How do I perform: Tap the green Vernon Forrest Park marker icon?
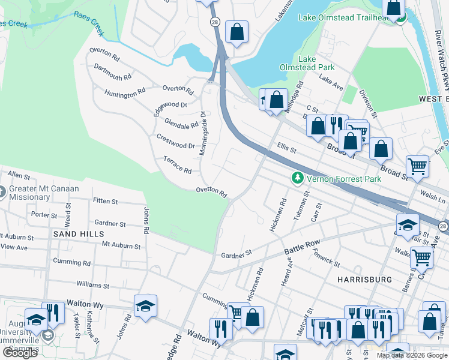[x=297, y=178]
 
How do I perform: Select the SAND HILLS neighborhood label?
[x=78, y=233]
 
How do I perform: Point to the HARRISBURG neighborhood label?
[x=364, y=280]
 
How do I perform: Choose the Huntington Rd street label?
[x=125, y=93]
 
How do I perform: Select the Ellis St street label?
[x=286, y=148]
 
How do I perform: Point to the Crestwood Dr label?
[x=175, y=142]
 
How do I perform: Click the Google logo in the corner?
[x=20, y=353]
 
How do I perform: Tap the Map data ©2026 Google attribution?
[x=412, y=355]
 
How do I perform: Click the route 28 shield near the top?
[x=214, y=21]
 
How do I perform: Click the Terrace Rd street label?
[x=177, y=166]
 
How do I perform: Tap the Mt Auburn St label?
[x=121, y=245]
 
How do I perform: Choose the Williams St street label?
[x=92, y=286]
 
